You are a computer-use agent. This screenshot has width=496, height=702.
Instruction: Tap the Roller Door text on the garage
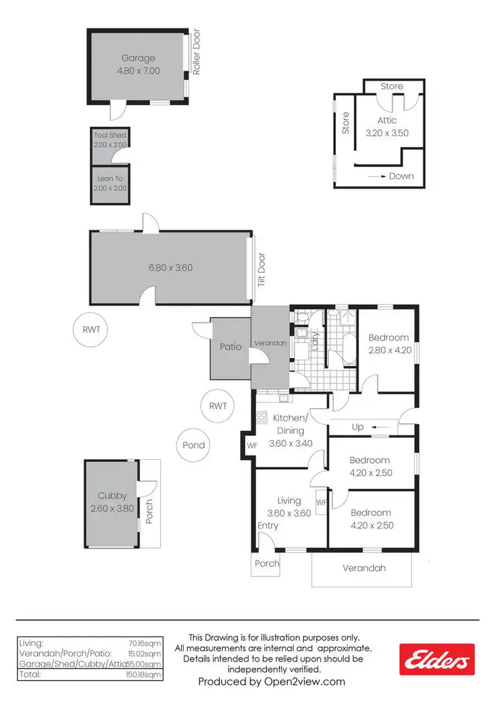[x=196, y=46]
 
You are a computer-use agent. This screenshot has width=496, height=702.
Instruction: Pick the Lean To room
[x=110, y=183]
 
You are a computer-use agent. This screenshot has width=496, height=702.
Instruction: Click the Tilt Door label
[x=261, y=269]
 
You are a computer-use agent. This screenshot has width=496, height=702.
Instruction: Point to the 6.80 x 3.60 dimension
[x=171, y=268]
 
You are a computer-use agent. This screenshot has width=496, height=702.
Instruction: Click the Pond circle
[x=194, y=445]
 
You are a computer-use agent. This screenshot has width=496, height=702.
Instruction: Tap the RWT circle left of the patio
[x=91, y=329]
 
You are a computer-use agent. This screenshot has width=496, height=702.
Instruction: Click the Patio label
[x=229, y=345]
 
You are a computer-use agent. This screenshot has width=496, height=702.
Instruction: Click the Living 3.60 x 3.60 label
[x=290, y=507]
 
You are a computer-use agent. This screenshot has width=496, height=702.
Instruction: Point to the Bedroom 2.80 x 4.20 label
[x=388, y=343]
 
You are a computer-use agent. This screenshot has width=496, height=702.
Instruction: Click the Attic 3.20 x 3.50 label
[x=387, y=126]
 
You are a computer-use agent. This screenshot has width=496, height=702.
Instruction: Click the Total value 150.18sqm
[x=145, y=675]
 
